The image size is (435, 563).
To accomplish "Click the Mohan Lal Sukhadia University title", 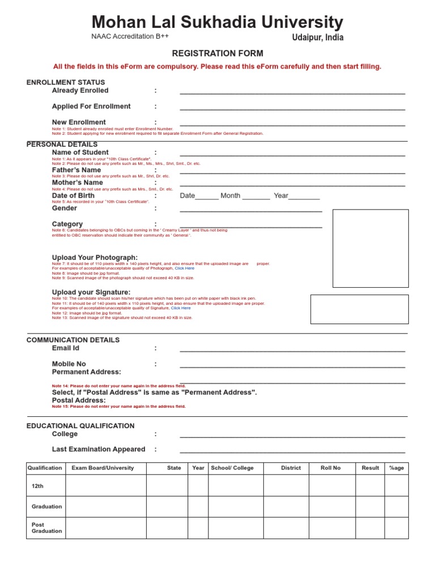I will tap(217, 22).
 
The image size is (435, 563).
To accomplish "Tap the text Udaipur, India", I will tap(317, 38).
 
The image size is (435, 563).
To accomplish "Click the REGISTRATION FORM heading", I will tap(217, 54).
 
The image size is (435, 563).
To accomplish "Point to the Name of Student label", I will tap(80, 152).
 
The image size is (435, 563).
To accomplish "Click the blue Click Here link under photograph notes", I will tap(184, 268).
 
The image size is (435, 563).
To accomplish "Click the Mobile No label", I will tap(69, 364).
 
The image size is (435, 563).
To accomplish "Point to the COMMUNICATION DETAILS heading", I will tap(73, 340).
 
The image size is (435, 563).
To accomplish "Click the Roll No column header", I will tap(331, 468).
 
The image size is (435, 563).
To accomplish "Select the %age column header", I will tap(396, 468).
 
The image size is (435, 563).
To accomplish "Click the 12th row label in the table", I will tap(37, 486).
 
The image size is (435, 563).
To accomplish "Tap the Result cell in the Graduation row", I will tap(370, 506).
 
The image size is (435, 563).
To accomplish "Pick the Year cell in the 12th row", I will tap(198, 486).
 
